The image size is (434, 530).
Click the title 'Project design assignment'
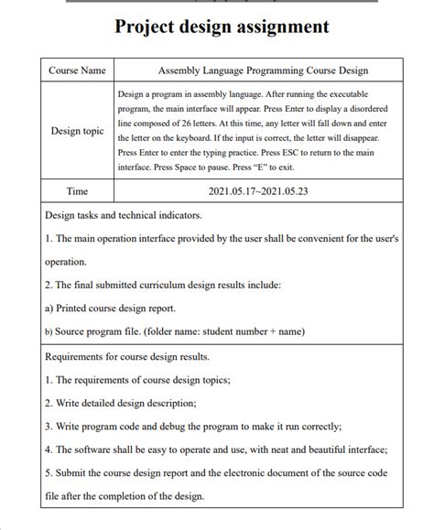pos(221,27)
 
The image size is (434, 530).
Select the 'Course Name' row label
pos(77,70)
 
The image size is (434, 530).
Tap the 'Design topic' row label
pos(77,131)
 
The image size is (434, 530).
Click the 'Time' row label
pos(77,191)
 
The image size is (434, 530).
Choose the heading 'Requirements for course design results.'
pos(127,356)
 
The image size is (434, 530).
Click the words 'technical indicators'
pos(161,215)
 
